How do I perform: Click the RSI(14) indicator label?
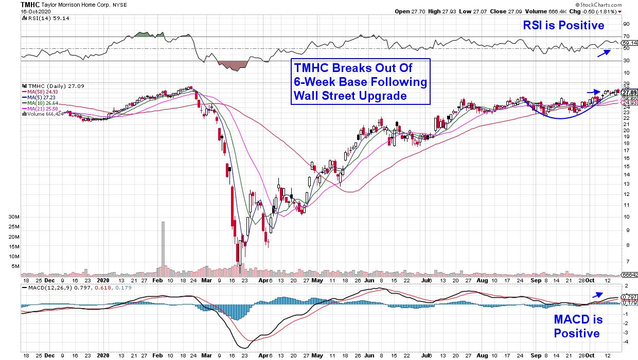pos(39,18)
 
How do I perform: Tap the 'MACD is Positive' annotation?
pos(577,327)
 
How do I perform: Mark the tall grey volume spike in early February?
pos(163,244)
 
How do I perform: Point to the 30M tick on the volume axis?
pos(14,217)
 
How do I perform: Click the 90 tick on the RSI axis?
pos(626,24)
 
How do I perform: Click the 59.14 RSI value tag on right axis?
pos(629,43)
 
